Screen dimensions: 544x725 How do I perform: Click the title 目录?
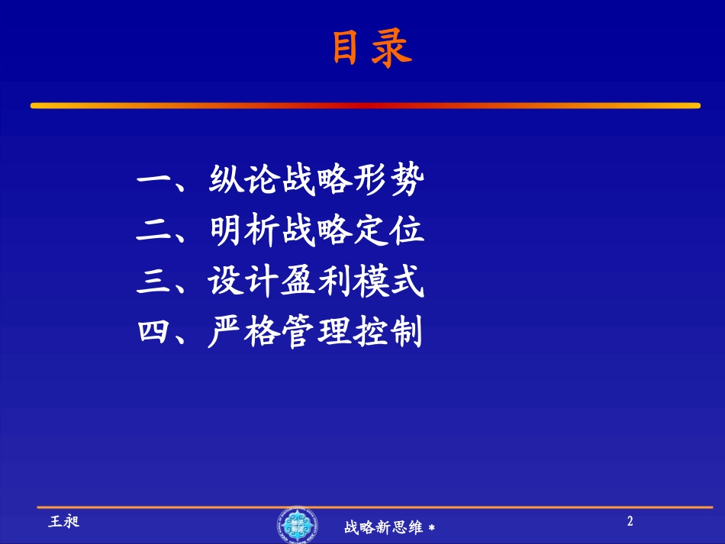371,50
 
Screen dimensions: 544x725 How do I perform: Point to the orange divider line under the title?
365,105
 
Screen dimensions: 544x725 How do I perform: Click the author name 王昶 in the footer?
64,522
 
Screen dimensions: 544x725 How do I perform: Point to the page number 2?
630,522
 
